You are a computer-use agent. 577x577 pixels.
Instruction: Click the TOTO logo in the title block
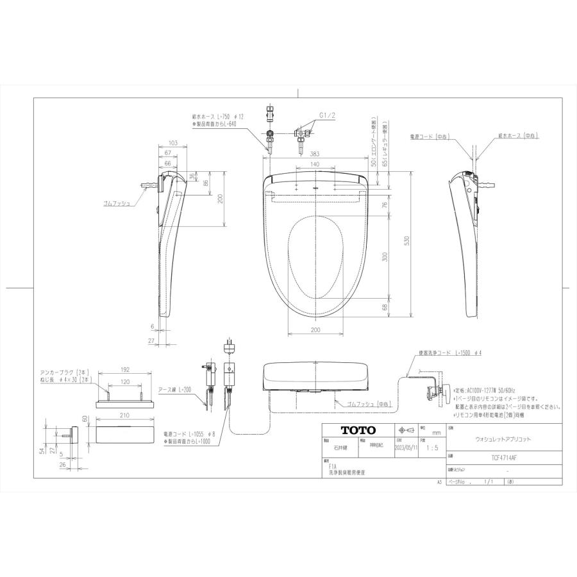pyautogui.click(x=349, y=430)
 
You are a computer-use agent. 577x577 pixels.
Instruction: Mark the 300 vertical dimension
pyautogui.click(x=385, y=256)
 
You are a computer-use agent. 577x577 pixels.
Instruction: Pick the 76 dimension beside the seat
pyautogui.click(x=385, y=205)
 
